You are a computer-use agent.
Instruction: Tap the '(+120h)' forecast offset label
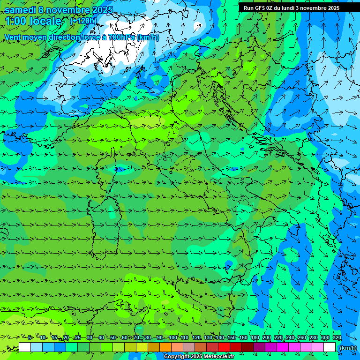(x=83, y=21)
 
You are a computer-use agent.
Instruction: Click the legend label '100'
(x=173, y=338)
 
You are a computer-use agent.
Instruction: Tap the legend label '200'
(x=267, y=338)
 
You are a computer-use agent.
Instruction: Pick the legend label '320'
(x=337, y=338)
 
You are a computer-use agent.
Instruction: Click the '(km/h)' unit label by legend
(x=347, y=348)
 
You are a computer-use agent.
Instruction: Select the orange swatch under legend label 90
(x=165, y=347)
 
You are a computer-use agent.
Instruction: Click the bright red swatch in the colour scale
(x=224, y=347)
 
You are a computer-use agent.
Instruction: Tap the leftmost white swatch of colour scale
(x=25, y=347)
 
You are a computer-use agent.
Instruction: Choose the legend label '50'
(x=113, y=338)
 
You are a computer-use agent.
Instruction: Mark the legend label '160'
(x=243, y=338)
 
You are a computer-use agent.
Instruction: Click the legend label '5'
(x=30, y=338)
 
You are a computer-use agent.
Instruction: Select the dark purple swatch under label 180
(x=259, y=347)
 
